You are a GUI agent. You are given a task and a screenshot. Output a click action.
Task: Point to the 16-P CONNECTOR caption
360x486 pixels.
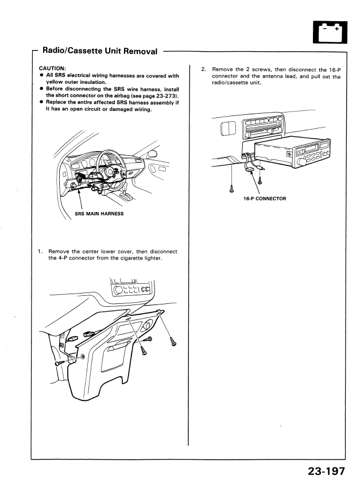point(265,199)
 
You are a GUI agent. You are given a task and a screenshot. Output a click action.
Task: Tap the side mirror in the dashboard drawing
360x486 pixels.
point(152,153)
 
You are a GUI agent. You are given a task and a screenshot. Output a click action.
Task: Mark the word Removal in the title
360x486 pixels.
point(136,51)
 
